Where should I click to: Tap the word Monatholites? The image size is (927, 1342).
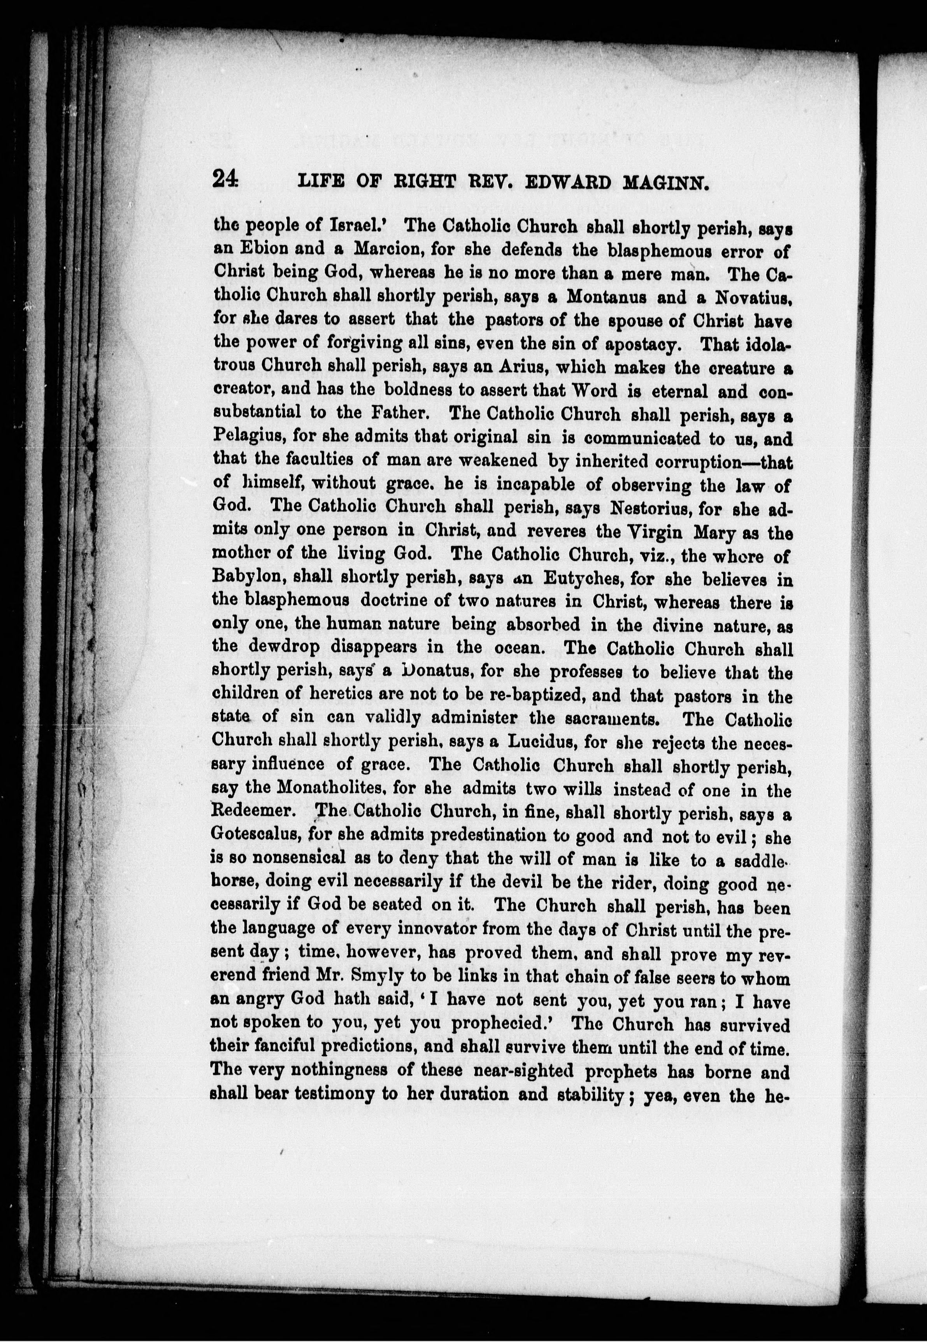[332, 790]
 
